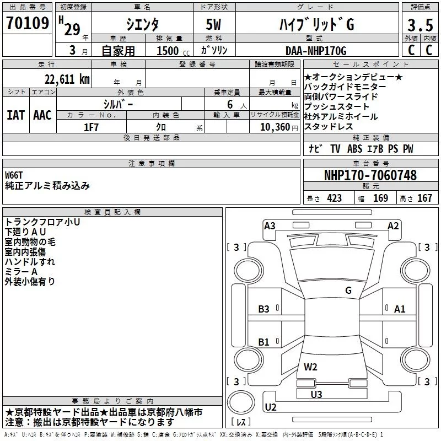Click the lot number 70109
click(x=28, y=23)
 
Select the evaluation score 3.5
click(x=420, y=26)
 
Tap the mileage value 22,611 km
click(x=66, y=79)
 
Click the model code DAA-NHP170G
click(x=315, y=51)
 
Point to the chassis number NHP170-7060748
click(x=370, y=175)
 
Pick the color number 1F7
click(x=92, y=126)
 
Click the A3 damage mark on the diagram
click(x=270, y=225)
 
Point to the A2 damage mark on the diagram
click(x=393, y=225)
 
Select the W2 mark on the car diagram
click(x=310, y=367)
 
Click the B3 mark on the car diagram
click(x=264, y=309)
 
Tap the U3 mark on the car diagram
click(x=316, y=394)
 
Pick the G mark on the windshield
click(x=348, y=291)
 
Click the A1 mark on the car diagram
click(x=400, y=309)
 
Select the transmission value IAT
click(x=15, y=115)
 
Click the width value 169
click(x=380, y=198)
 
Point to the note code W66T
click(x=15, y=175)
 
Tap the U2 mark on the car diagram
click(x=271, y=407)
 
